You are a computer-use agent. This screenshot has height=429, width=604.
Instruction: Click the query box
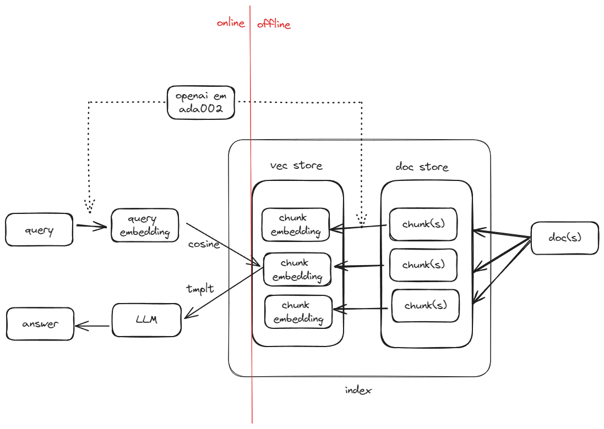[x=39, y=230]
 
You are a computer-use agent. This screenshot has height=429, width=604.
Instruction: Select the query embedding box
[x=145, y=225]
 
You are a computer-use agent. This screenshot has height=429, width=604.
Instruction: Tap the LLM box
[x=146, y=320]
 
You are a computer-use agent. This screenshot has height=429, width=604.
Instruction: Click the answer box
[x=40, y=324]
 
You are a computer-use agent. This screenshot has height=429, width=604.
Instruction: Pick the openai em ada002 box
[x=201, y=102]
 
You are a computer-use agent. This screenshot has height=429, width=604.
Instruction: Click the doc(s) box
[x=565, y=238]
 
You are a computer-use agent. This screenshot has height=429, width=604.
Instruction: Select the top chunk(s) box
[x=423, y=224]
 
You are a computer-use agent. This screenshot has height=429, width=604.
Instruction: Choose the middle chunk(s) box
[x=423, y=265]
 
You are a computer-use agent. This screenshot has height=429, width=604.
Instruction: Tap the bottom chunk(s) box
[x=425, y=306]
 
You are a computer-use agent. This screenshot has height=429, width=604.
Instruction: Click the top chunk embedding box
[x=296, y=224]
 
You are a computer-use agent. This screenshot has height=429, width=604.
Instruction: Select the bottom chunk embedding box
[x=298, y=312]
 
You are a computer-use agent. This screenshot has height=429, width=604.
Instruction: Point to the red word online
[x=230, y=23]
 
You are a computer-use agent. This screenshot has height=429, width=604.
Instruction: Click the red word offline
[x=274, y=24]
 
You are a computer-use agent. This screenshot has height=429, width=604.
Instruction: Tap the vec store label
[x=296, y=165]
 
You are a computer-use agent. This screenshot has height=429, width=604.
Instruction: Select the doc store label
[x=422, y=167]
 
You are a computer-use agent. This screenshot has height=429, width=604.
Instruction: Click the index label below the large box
[x=358, y=391]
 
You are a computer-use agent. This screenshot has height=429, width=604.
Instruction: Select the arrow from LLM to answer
[x=93, y=326]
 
